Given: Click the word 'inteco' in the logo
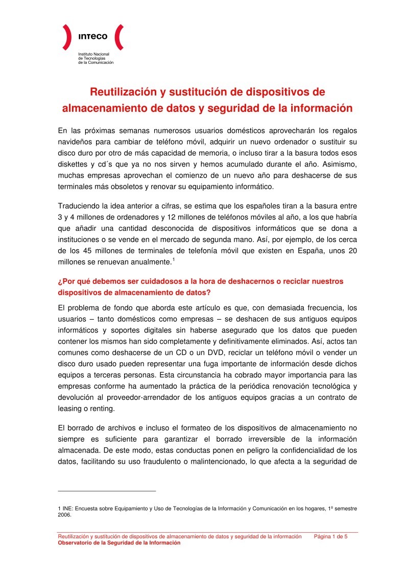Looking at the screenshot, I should [92, 36].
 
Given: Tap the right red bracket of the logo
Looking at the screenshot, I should [118, 37].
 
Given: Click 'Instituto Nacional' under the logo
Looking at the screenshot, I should [90, 54].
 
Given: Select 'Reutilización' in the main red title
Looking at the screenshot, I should [120, 92].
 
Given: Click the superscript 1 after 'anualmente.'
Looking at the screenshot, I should [174, 260].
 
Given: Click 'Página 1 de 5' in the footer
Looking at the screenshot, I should [330, 537].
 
